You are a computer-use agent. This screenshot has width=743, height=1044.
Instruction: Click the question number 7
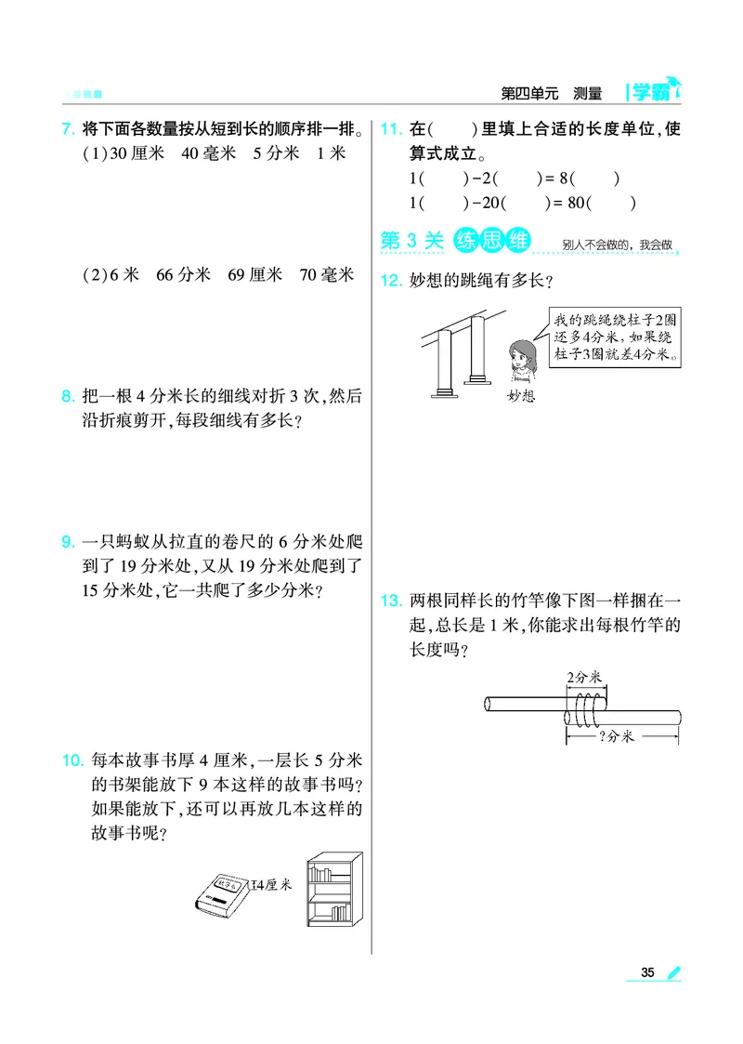(x=67, y=129)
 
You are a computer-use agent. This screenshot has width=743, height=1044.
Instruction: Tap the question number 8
(x=67, y=397)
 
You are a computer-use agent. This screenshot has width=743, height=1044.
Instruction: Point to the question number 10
(x=72, y=760)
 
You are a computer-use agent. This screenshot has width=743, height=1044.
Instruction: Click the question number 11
(x=390, y=129)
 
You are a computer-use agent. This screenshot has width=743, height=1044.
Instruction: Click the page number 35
(x=647, y=972)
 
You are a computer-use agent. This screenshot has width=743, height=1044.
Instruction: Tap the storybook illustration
(x=222, y=892)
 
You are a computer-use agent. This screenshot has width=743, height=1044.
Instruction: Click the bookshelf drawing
(x=334, y=890)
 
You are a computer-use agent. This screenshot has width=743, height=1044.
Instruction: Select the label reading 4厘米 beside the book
(x=273, y=884)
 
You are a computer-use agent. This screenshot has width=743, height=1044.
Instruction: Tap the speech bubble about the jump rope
(x=611, y=337)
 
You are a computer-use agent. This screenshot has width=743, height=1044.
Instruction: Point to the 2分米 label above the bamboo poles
(x=585, y=678)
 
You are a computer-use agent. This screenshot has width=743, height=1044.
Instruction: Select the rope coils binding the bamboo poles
(x=585, y=711)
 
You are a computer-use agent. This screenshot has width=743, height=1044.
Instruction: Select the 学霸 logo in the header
(x=654, y=91)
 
